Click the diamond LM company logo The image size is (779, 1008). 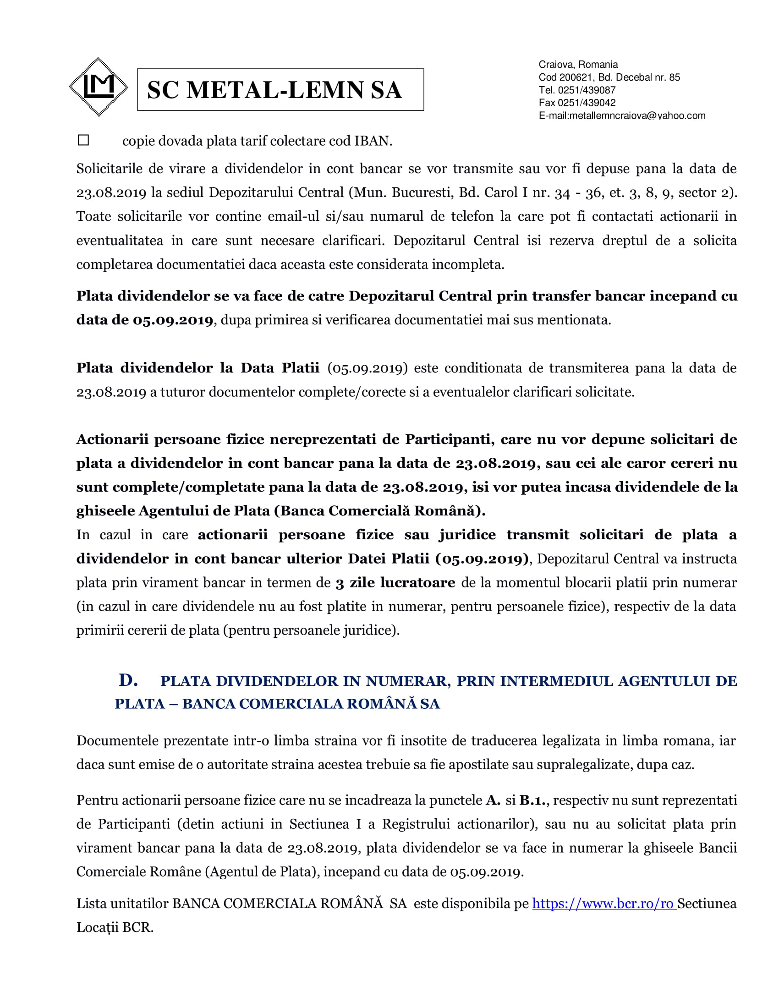(x=98, y=87)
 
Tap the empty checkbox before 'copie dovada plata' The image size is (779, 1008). (x=83, y=140)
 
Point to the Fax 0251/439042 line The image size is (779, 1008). (x=577, y=103)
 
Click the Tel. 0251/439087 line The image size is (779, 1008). (x=577, y=90)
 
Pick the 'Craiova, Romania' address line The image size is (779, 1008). (x=578, y=65)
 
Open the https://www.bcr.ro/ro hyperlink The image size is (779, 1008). (x=603, y=904)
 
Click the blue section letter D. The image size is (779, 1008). (x=128, y=680)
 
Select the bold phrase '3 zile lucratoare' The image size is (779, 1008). (x=395, y=583)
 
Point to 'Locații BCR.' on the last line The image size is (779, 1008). (x=115, y=928)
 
